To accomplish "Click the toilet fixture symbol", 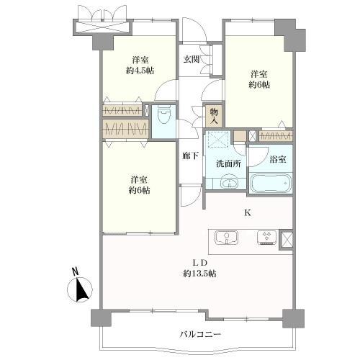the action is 164,115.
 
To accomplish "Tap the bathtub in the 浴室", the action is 271,183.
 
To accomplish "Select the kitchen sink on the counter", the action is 226,237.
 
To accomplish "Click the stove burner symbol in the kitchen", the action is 267,238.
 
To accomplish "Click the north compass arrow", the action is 81,289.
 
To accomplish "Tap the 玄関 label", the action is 192,59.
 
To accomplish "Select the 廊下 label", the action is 190,156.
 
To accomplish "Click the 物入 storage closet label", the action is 214,116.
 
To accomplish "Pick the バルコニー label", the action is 200,334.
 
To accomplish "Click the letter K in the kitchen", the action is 248,212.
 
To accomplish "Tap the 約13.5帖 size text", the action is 199,274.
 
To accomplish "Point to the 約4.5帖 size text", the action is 140,71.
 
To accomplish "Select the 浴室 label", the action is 277,159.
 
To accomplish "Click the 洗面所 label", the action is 228,163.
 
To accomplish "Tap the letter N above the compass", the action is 76,271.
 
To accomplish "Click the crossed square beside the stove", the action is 287,239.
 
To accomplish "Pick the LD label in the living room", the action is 200,263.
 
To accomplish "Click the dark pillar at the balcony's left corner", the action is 102,318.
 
